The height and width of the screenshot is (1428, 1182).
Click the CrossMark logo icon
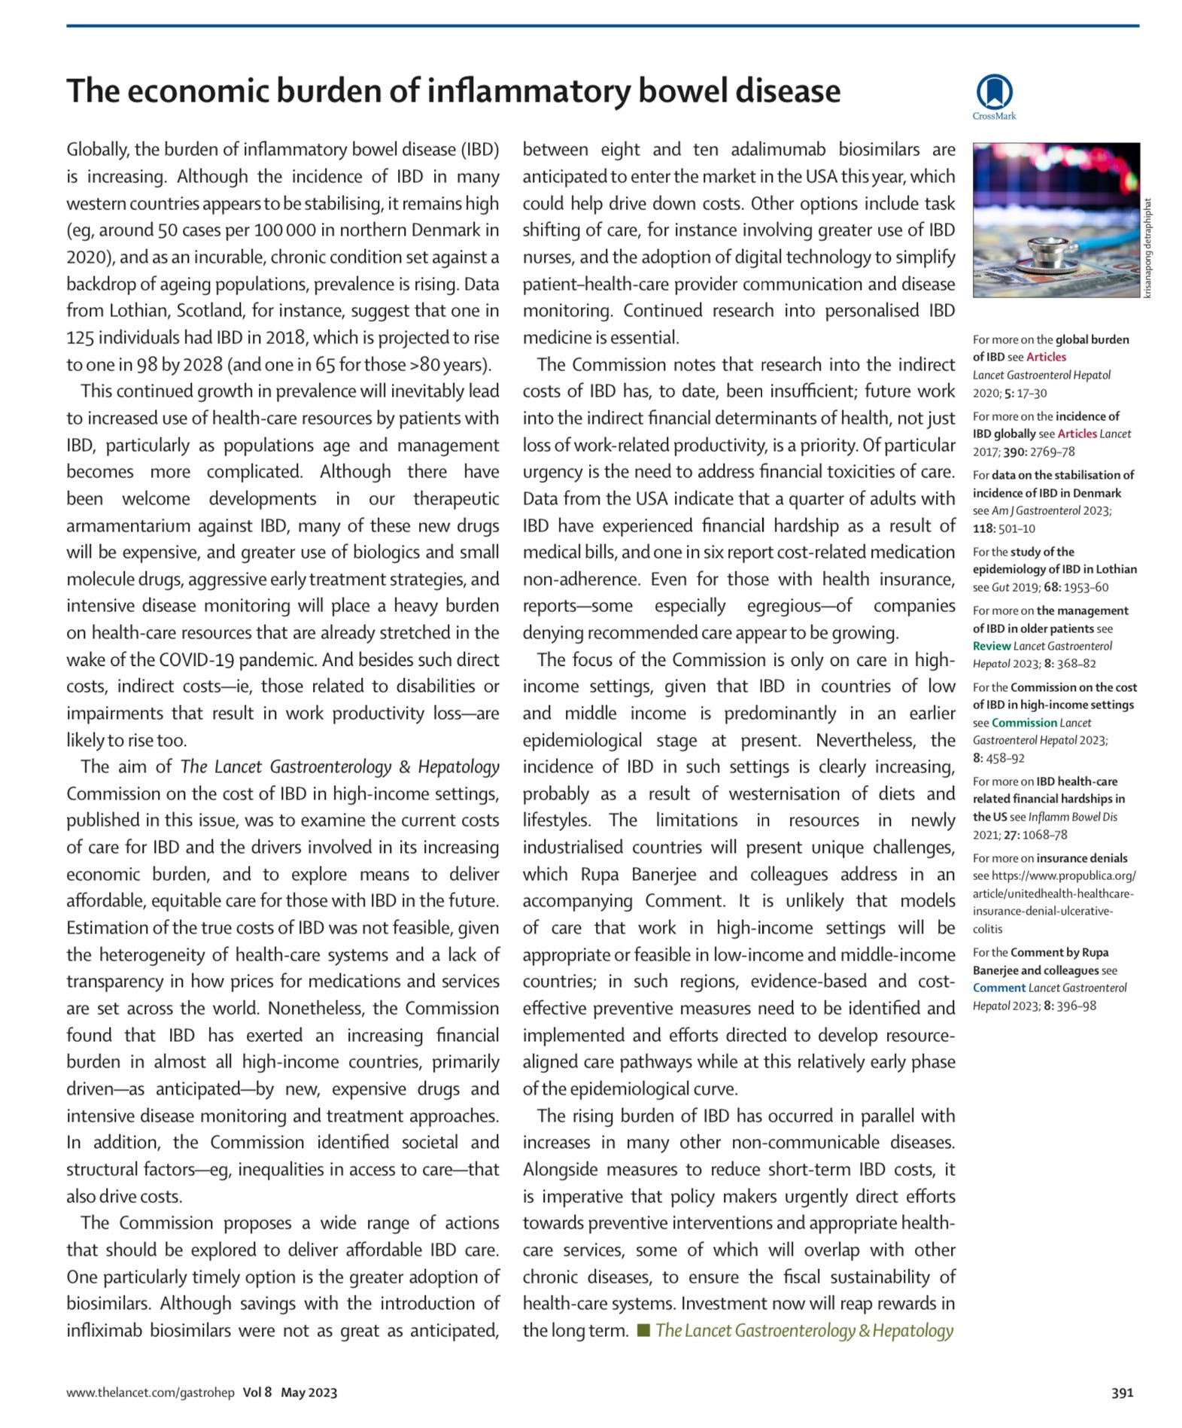(x=994, y=93)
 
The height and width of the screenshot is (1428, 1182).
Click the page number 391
(x=1122, y=1392)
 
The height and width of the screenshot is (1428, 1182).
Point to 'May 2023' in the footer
(x=308, y=1392)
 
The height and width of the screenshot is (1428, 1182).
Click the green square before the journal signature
(x=643, y=1330)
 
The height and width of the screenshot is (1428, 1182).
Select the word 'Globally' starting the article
(x=97, y=150)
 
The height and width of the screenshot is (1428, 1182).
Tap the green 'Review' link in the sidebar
(x=991, y=646)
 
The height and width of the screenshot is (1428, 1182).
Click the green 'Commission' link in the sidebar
(x=1024, y=723)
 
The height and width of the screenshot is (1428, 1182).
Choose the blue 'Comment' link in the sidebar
(x=999, y=988)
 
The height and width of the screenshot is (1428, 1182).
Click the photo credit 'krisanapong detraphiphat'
(x=1147, y=248)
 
